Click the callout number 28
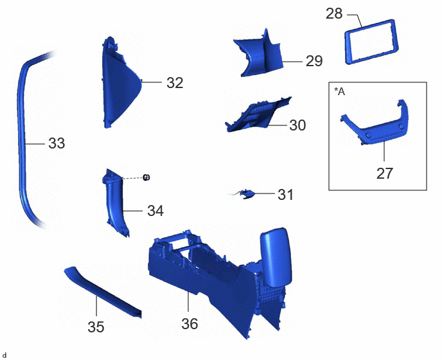click(334, 14)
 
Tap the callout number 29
click(314, 61)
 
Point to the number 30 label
click(297, 125)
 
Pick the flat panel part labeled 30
click(258, 116)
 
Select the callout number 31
click(285, 195)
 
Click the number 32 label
click(175, 83)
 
